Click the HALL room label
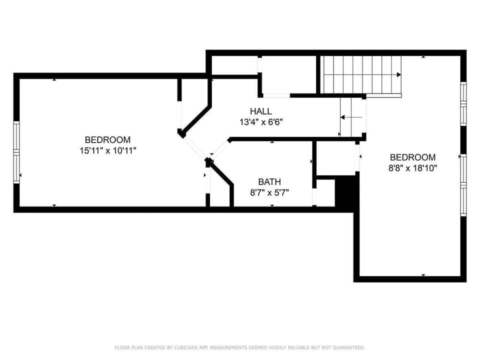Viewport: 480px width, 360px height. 261,111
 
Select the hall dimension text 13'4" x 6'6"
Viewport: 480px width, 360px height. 261,121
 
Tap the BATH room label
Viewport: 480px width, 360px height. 269,182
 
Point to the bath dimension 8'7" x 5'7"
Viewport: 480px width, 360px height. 269,192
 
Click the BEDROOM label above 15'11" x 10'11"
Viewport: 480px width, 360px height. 107,140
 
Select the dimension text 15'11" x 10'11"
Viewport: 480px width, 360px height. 107,150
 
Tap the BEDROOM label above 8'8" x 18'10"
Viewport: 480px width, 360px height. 412,157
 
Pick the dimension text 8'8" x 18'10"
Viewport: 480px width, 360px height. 412,168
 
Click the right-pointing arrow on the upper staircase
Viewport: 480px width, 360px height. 398,75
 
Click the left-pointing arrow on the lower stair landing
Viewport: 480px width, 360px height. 343,117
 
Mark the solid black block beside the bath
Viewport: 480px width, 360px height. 346,192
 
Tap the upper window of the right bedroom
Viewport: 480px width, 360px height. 463,104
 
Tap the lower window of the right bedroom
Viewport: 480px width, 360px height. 463,184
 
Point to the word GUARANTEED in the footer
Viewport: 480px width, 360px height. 347,347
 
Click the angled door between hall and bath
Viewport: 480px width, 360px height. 218,149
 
